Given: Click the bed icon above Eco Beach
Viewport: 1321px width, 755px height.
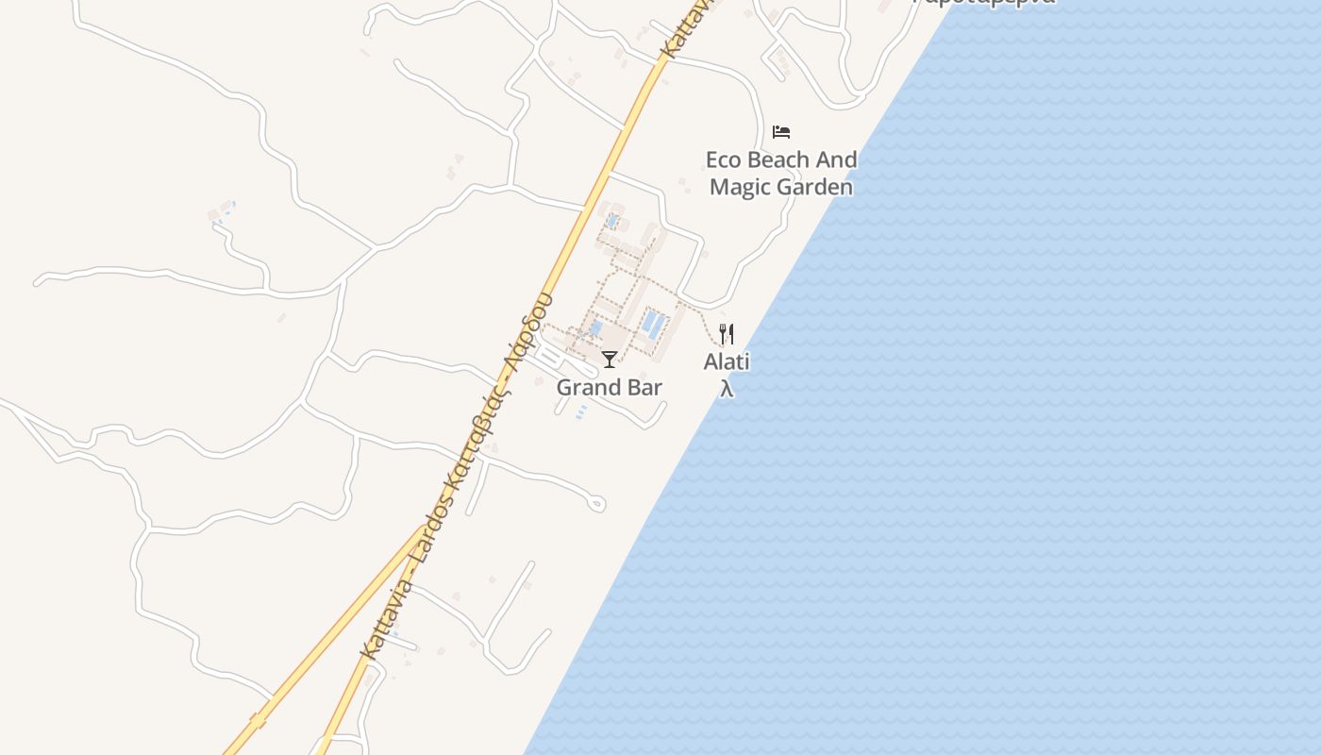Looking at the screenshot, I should (781, 131).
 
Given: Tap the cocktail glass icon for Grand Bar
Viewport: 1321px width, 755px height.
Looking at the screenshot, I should (610, 359).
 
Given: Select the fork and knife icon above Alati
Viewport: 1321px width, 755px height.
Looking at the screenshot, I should (727, 333).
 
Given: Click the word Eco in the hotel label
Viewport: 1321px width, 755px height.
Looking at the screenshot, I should (724, 159).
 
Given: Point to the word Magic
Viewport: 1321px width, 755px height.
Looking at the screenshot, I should (741, 187).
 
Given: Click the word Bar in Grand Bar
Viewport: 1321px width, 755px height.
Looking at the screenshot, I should (645, 387).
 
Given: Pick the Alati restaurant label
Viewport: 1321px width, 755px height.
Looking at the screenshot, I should (727, 361).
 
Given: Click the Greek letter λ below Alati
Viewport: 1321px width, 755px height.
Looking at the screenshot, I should (727, 388).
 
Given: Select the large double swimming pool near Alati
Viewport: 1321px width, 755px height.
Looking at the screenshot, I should (653, 324).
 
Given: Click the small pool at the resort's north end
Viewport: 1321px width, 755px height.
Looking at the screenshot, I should (613, 221).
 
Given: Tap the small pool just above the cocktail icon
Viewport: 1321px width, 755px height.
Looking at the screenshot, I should (595, 328).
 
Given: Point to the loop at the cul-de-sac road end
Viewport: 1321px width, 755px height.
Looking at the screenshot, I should (596, 504).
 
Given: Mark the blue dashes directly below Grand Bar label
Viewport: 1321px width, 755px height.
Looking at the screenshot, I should (581, 411).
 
